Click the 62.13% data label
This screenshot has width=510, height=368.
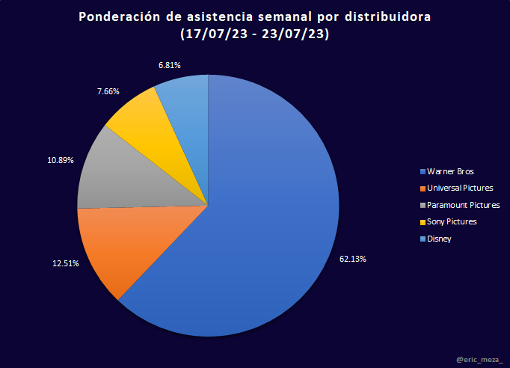pos(352,259)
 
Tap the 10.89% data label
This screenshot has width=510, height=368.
pos(60,160)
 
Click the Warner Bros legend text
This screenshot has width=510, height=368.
pos(450,171)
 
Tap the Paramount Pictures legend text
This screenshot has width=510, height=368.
pos(461,205)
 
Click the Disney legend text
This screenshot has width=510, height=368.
pos(440,239)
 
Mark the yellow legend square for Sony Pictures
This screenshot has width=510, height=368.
pos(423,222)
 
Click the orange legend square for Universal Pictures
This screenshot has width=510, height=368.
pos(423,188)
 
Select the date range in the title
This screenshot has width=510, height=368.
pos(255,34)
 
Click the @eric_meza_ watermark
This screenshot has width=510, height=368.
pos(479,361)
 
